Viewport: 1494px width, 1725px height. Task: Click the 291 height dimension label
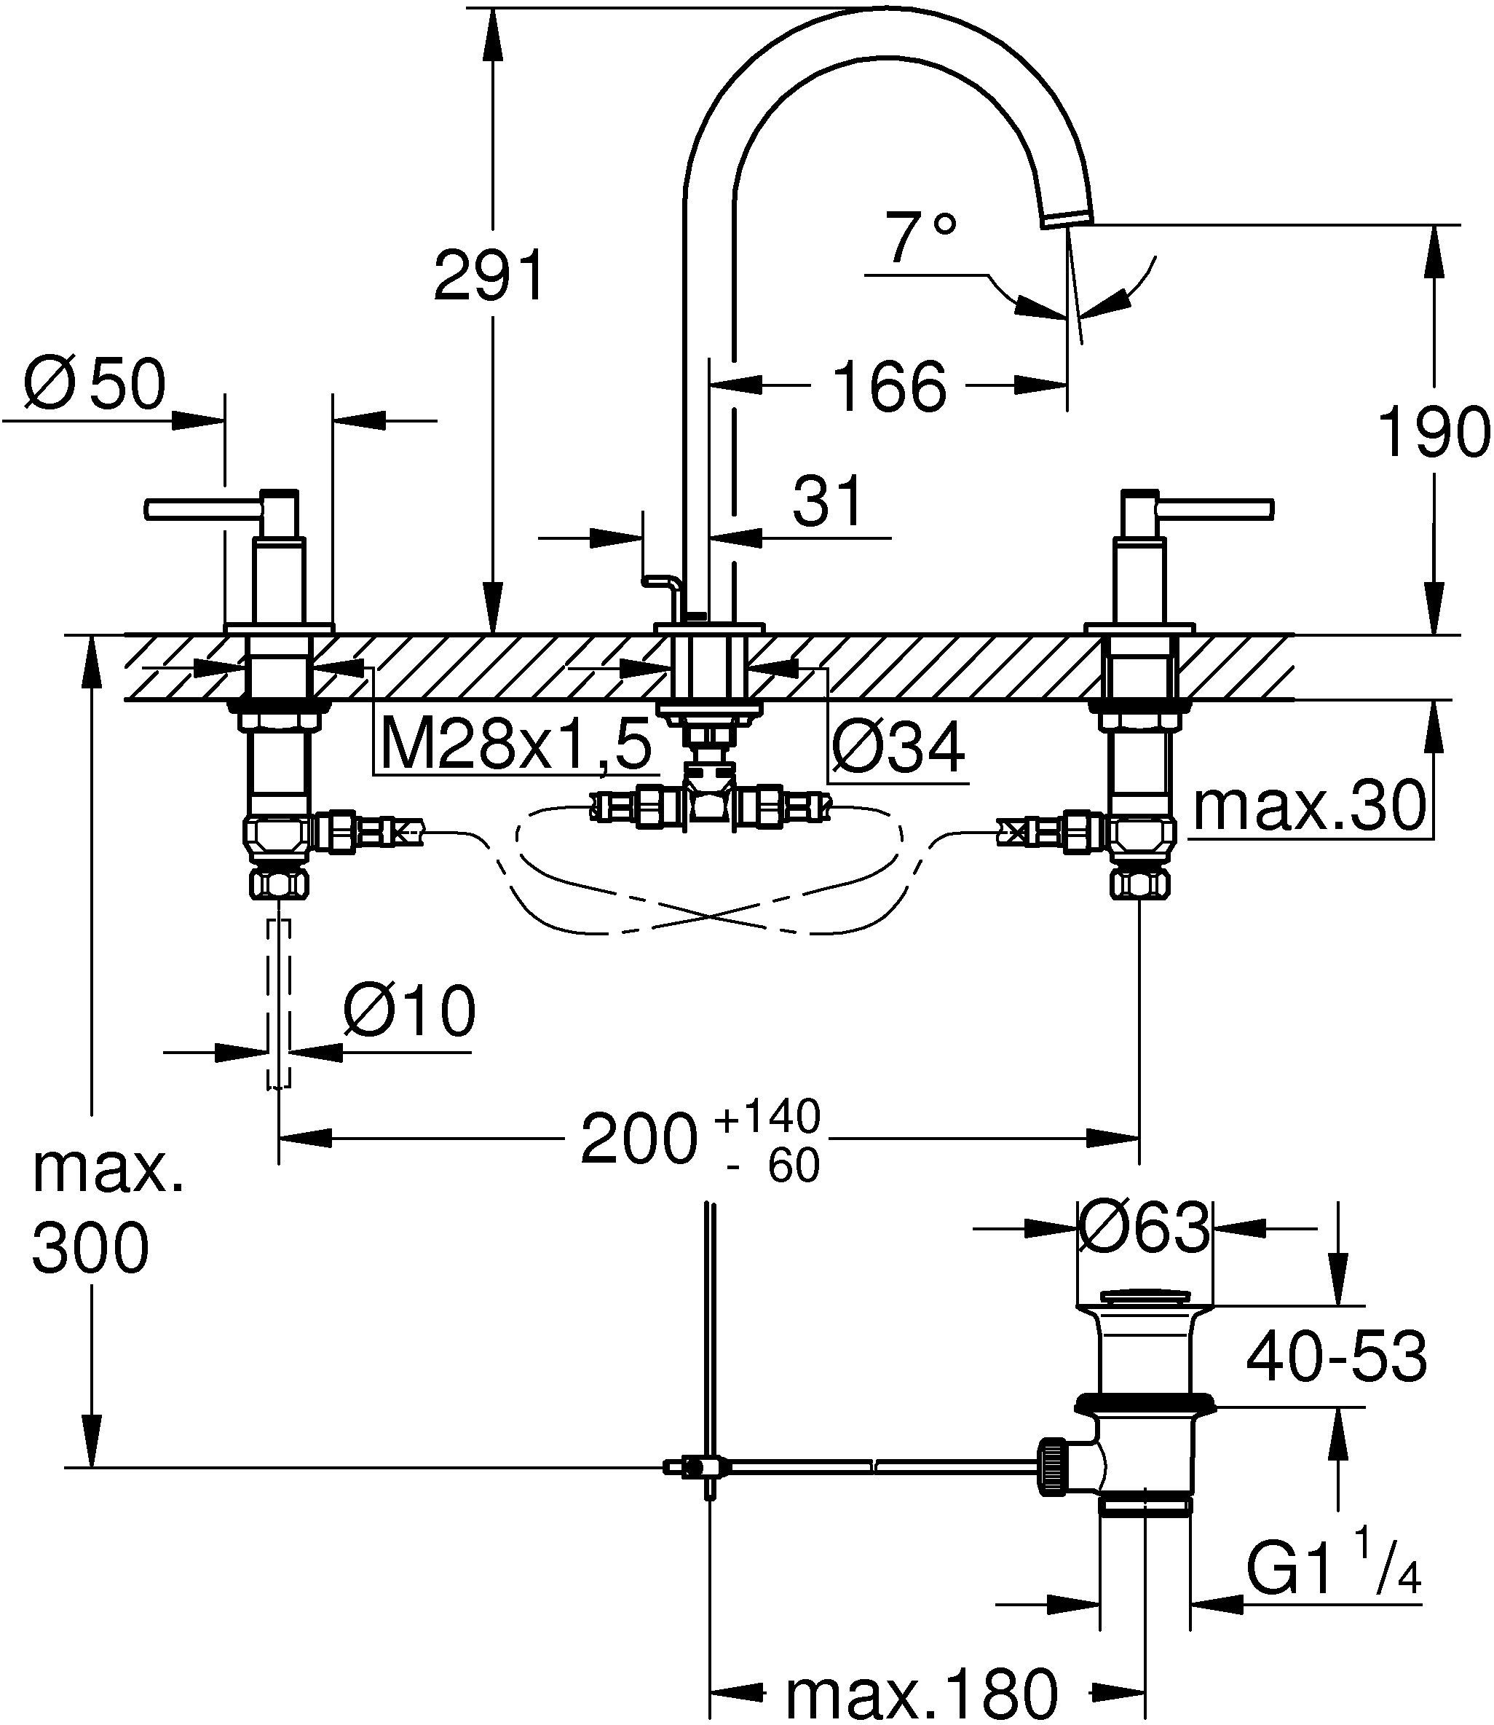click(x=489, y=275)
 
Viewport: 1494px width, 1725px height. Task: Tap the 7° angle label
click(x=920, y=238)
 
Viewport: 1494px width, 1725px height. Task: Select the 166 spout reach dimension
click(x=890, y=387)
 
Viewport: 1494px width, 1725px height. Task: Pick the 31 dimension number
click(x=827, y=502)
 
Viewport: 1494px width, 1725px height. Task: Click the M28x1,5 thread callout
click(x=515, y=745)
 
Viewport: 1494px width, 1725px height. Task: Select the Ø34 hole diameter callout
click(x=898, y=748)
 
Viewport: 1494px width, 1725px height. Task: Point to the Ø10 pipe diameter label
click(x=409, y=1011)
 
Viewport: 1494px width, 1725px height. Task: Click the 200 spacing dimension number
click(x=638, y=1139)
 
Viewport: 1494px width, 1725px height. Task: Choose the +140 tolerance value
click(x=768, y=1116)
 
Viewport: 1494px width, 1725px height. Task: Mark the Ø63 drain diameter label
click(x=1143, y=1228)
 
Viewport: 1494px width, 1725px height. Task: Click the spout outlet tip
click(x=1068, y=219)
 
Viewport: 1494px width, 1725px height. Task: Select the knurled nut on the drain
click(x=1051, y=1466)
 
